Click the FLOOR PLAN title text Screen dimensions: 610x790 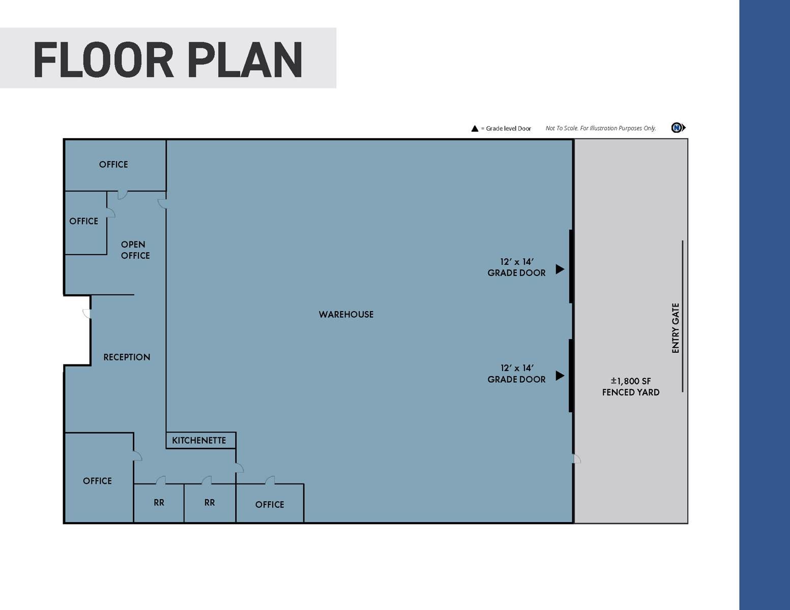(x=168, y=60)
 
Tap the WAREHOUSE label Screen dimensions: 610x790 (x=346, y=315)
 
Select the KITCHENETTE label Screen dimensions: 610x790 (x=199, y=440)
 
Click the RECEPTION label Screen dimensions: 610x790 (x=127, y=357)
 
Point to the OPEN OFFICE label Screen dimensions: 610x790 (x=135, y=250)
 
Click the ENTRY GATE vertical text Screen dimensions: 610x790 (x=676, y=328)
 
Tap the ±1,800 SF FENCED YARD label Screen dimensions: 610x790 (x=630, y=387)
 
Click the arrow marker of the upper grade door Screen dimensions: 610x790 (x=560, y=269)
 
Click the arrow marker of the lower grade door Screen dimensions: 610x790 (x=560, y=376)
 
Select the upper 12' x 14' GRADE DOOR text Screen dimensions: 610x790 (x=516, y=267)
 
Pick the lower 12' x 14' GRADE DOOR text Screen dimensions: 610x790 (x=516, y=374)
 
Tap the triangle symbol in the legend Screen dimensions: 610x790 (x=475, y=129)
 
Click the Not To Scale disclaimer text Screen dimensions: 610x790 (x=601, y=128)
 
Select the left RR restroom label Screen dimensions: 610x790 (x=159, y=503)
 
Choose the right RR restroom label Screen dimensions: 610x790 (x=210, y=503)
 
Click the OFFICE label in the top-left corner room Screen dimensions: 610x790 (x=113, y=165)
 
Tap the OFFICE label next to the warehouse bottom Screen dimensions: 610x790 (x=270, y=505)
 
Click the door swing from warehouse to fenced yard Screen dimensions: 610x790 (x=577, y=459)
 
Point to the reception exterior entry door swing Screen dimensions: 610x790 (x=87, y=314)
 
